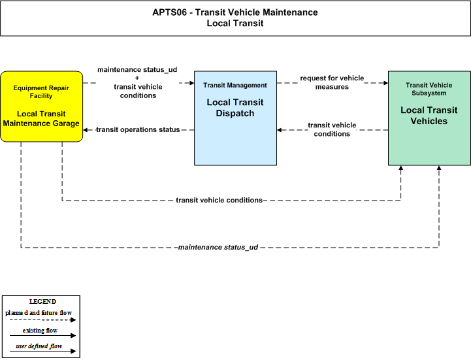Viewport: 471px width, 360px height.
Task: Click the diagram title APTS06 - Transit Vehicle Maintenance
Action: (235, 12)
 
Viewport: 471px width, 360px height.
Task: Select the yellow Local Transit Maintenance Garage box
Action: (41, 106)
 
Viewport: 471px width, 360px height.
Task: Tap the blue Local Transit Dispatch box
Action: (235, 118)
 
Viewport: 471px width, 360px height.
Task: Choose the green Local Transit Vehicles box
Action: (429, 118)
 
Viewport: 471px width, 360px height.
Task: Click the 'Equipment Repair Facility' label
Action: (41, 92)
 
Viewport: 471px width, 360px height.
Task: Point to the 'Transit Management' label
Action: (235, 86)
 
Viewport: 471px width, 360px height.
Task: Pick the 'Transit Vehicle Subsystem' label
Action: (429, 89)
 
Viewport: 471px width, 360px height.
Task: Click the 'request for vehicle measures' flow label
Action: (332, 82)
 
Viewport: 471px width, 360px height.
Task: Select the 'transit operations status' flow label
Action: (138, 129)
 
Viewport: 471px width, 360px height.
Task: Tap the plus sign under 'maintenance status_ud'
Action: (137, 78)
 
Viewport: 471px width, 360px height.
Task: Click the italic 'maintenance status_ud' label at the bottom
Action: (218, 247)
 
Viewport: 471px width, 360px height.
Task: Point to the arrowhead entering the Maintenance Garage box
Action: (86, 130)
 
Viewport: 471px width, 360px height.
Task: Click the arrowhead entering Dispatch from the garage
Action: (191, 83)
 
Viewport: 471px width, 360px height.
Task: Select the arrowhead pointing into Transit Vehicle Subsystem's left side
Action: (385, 83)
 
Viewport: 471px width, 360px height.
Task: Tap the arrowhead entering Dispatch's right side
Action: (280, 130)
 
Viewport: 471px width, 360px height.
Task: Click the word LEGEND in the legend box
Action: (42, 301)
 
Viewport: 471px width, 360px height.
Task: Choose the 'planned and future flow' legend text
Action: (39, 312)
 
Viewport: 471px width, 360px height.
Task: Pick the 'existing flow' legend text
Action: (41, 330)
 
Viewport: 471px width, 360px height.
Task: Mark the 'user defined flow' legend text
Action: (39, 346)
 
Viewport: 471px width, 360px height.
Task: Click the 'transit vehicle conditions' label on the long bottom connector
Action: (219, 200)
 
